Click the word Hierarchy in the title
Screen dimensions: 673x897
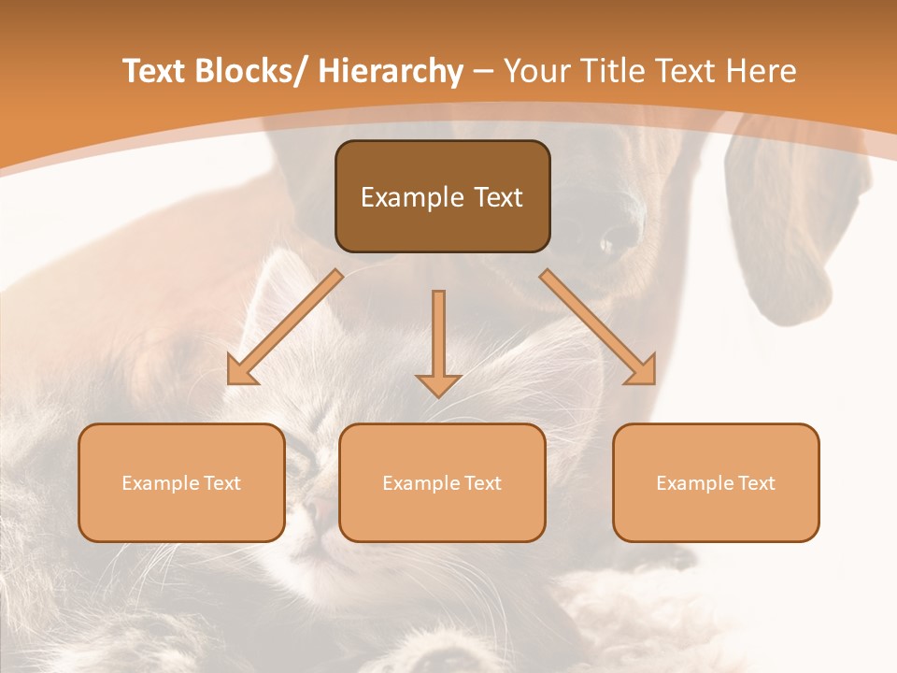[x=391, y=71]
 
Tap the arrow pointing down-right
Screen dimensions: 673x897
[x=598, y=328]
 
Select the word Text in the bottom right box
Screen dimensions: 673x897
[x=756, y=483]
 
